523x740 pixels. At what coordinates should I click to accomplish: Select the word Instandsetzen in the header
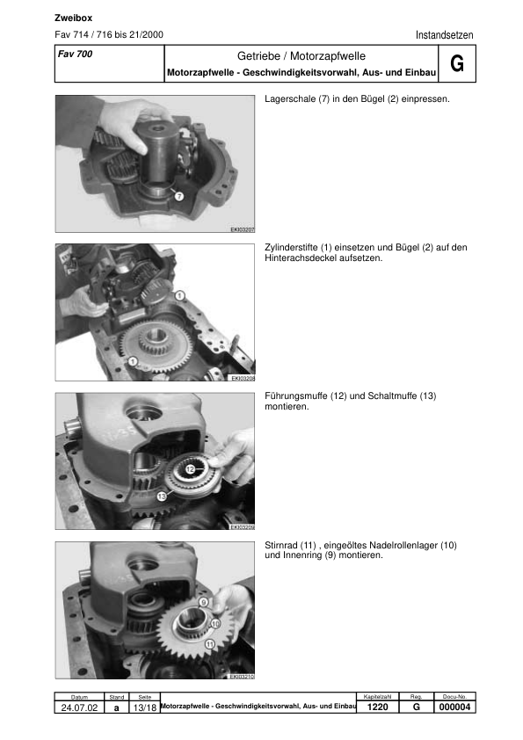click(x=444, y=35)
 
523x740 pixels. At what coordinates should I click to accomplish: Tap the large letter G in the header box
click(x=456, y=64)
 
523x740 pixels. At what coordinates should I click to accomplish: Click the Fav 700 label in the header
click(x=75, y=54)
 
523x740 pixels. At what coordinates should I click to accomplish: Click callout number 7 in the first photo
click(x=178, y=197)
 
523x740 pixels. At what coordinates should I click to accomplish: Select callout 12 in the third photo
click(x=189, y=469)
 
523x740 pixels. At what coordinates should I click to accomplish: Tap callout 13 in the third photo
click(x=162, y=497)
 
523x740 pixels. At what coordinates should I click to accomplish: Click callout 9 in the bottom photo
click(x=203, y=603)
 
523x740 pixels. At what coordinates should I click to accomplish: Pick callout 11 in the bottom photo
click(x=209, y=643)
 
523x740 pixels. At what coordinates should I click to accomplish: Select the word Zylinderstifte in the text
click(x=292, y=248)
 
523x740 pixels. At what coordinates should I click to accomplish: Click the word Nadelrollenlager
click(x=404, y=545)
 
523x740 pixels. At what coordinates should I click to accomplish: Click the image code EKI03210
click(x=243, y=677)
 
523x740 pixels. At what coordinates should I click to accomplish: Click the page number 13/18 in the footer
click(x=145, y=707)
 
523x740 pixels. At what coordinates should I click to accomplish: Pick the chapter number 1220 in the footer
click(x=377, y=707)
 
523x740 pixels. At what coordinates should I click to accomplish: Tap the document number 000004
click(x=454, y=707)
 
